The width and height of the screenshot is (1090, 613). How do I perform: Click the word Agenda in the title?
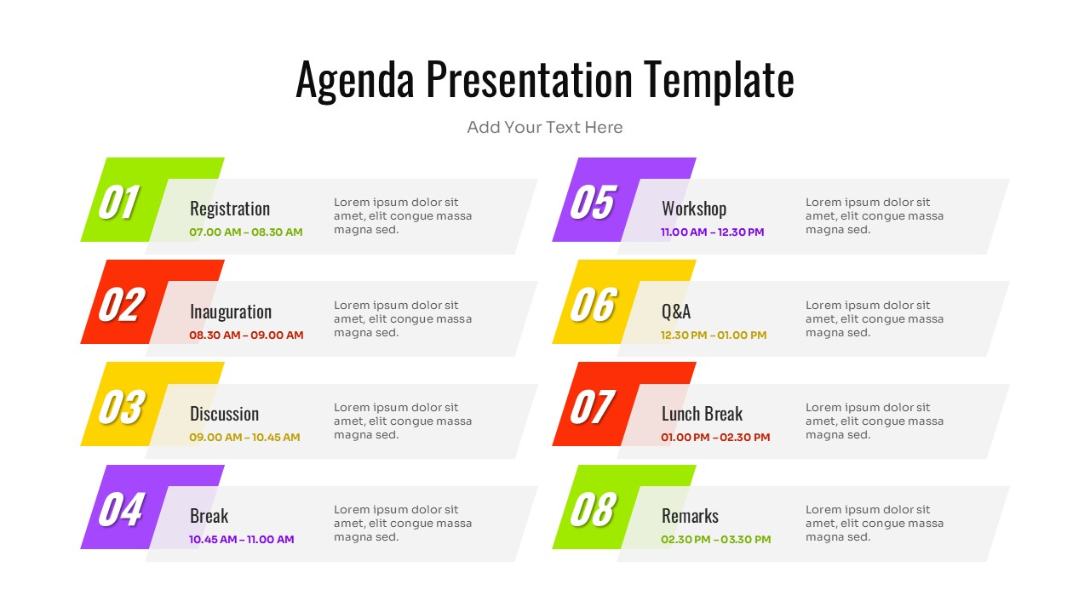click(x=355, y=81)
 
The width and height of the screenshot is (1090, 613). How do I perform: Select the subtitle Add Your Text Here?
click(x=545, y=128)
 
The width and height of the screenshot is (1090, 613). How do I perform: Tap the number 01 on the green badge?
click(x=118, y=203)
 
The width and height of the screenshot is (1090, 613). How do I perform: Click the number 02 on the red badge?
click(x=120, y=305)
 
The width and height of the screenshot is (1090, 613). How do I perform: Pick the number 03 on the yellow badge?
click(x=120, y=407)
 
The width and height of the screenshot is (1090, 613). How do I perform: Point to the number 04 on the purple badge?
click(x=120, y=509)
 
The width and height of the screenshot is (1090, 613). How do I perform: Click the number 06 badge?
click(x=592, y=305)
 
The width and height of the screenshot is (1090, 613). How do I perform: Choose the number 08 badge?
click(x=592, y=509)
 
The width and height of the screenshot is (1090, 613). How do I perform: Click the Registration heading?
click(x=230, y=209)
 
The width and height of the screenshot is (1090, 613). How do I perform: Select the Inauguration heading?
click(x=231, y=312)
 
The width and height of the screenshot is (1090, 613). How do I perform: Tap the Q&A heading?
click(x=676, y=312)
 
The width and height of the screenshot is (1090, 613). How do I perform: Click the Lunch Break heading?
click(x=702, y=414)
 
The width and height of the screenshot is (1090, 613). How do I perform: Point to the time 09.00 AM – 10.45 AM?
click(x=244, y=438)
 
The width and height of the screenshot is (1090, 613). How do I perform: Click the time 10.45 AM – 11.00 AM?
click(x=241, y=540)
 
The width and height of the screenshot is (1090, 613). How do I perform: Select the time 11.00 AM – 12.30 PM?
click(x=712, y=232)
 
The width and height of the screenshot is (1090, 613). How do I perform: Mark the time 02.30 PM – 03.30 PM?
click(x=715, y=540)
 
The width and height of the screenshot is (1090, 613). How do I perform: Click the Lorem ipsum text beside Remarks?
click(x=875, y=524)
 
